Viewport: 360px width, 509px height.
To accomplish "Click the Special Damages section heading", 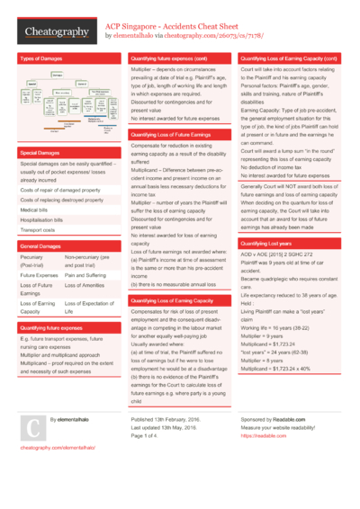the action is click(x=40, y=153).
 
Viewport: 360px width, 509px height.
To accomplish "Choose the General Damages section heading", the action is click(x=40, y=246).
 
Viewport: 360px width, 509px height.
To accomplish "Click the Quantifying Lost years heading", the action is click(x=263, y=244).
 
